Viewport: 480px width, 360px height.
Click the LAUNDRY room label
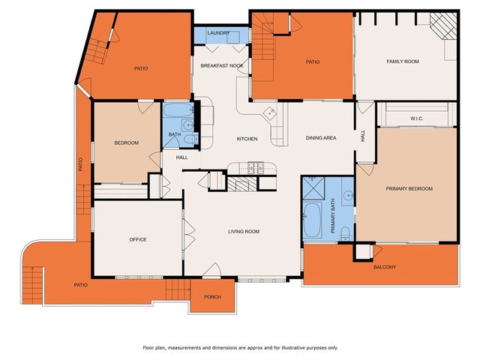pos(218,33)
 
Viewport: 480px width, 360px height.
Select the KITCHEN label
pos(247,139)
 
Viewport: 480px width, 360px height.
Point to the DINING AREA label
pos(320,138)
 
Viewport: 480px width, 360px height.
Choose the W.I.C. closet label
pos(418,118)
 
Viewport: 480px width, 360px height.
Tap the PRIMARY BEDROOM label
pos(409,188)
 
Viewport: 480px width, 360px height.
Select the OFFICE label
pos(137,240)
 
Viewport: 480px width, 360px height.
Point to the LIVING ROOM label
pos(244,232)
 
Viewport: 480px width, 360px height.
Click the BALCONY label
pos(384,268)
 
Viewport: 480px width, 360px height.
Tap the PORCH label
pos(212,297)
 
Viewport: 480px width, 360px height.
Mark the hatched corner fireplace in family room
pos(445,28)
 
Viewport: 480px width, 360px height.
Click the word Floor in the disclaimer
pos(151,348)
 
